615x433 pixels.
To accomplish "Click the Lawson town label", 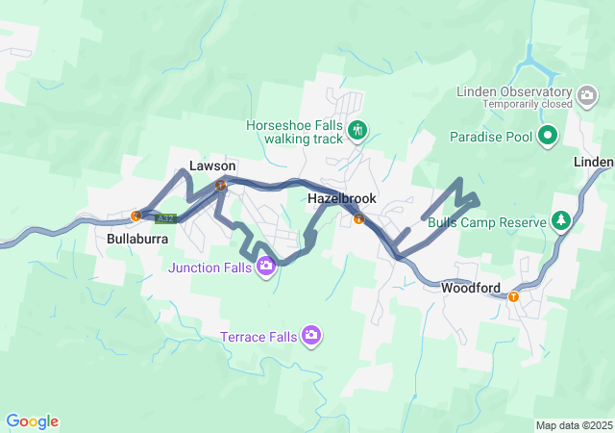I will coord(212,166).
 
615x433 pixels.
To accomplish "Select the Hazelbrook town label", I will coord(342,198).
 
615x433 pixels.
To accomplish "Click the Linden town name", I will coord(594,162).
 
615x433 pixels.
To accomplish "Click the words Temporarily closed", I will coord(528,104).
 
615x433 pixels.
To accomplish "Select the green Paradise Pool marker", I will coord(548,136).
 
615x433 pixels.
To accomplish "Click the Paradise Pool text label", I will coord(491,137).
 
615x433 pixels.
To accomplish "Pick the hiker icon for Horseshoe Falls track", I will coord(357,130).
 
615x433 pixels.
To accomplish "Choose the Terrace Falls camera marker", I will coord(311,336).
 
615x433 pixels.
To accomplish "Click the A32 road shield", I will coord(165,218).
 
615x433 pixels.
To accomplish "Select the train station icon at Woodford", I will coord(513,296).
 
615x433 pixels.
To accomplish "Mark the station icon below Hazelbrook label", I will coord(358,218).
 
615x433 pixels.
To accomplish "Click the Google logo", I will coord(33,421).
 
